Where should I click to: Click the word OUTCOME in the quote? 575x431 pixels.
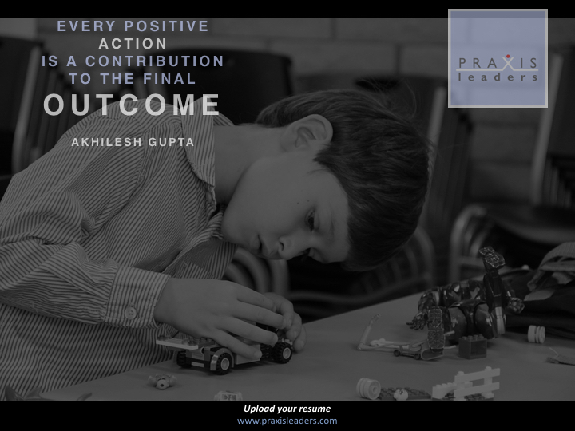click(x=132, y=105)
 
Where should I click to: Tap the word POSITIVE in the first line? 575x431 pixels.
click(x=166, y=26)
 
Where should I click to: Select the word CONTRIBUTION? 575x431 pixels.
click(x=154, y=61)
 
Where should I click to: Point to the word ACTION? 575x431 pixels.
click(x=133, y=44)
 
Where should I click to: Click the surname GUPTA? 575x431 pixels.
click(x=171, y=142)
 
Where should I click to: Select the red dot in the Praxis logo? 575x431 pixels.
click(x=508, y=57)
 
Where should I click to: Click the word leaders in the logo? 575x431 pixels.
click(x=498, y=77)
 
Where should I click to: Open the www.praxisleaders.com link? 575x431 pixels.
click(x=287, y=421)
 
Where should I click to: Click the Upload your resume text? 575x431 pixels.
click(x=287, y=409)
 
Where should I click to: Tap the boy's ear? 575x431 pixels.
click(x=311, y=132)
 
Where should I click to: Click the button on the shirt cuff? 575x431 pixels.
click(x=130, y=313)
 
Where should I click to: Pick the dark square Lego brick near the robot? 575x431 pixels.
click(x=473, y=346)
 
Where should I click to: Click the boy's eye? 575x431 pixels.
click(x=311, y=219)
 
